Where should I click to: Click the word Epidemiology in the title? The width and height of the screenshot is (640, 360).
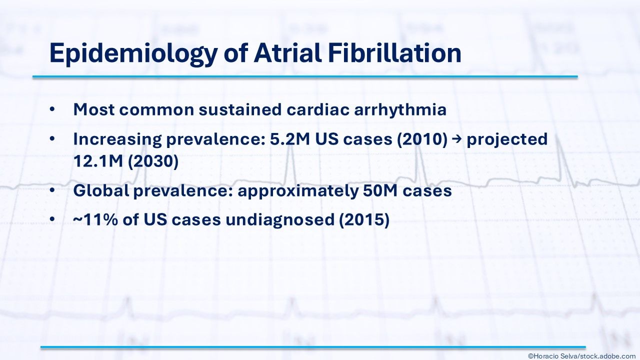[x=133, y=54]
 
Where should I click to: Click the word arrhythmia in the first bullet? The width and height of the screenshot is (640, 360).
[x=400, y=109]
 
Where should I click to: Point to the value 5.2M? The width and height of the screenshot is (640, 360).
[x=289, y=139]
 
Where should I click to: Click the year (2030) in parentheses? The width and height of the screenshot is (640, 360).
[x=153, y=161]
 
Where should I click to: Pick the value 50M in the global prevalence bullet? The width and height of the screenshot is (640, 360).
[x=380, y=191]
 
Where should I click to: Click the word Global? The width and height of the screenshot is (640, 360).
[x=101, y=190]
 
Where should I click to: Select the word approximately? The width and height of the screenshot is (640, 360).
[x=298, y=191]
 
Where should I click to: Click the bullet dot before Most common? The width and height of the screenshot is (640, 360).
[x=52, y=109]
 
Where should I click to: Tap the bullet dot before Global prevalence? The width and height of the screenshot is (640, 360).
[x=52, y=190]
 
